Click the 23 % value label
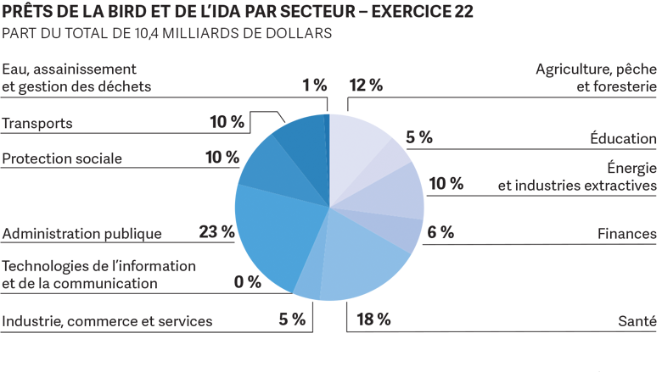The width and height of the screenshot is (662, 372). pyautogui.click(x=216, y=231)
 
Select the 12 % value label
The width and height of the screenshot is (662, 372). pyautogui.click(x=366, y=85)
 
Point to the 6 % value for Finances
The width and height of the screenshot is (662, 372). pyautogui.click(x=440, y=231)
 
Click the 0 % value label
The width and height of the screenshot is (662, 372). pyautogui.click(x=248, y=282)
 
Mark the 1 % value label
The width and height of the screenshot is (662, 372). pyautogui.click(x=314, y=85)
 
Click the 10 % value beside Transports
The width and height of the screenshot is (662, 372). pyautogui.click(x=227, y=122)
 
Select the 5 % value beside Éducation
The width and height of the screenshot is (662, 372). pyautogui.click(x=419, y=136)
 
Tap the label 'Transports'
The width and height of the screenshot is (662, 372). pyautogui.click(x=37, y=124)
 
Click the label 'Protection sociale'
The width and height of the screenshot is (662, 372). pyautogui.click(x=62, y=158)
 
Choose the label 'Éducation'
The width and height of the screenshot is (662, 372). pyautogui.click(x=623, y=139)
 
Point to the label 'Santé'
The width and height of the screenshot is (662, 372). pyautogui.click(x=637, y=321)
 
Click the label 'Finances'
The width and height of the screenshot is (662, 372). pyautogui.click(x=626, y=233)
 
